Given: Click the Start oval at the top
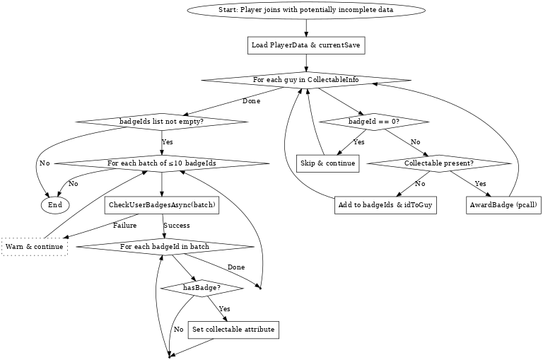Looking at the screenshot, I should [x=306, y=11].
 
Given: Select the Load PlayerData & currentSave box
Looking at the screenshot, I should [x=306, y=45].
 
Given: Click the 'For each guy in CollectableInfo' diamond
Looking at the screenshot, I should [x=306, y=80].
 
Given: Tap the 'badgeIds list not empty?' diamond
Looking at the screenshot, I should [x=162, y=122].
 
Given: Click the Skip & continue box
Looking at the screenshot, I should [x=327, y=163].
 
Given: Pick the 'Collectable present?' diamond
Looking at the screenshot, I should [x=438, y=163].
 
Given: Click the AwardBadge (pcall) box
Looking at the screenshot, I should [x=504, y=204].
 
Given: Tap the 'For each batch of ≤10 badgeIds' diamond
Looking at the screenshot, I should [x=162, y=163].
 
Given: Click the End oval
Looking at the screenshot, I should [x=55, y=204].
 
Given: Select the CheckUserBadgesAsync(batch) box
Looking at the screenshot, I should [x=162, y=204].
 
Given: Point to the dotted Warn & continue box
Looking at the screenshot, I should [x=34, y=247].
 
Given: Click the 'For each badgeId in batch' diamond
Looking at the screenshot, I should [x=164, y=247].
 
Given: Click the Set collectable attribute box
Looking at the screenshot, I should [x=233, y=330].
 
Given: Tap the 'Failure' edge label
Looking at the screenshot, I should [x=124, y=226].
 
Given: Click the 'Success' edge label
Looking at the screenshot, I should [x=176, y=226].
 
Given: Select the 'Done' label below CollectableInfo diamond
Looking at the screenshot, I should [x=251, y=101].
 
